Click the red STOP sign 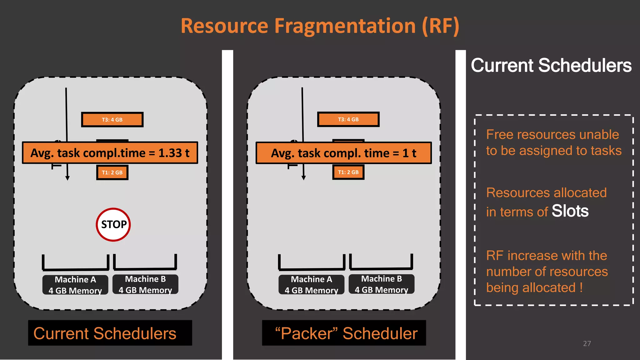coord(113,224)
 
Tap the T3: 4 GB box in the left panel coord(112,120)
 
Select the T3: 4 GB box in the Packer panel coord(348,119)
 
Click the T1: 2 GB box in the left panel coord(112,172)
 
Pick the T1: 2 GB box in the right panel coord(348,172)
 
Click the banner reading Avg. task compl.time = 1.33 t coord(110,153)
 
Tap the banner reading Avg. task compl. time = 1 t coord(343,153)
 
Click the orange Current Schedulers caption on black coord(105,333)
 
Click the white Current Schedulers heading coord(551,65)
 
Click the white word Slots coord(570,211)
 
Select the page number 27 coord(587,343)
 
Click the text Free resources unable coord(552,135)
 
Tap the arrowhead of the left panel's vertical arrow coord(67,178)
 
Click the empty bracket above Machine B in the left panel coord(145,262)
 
